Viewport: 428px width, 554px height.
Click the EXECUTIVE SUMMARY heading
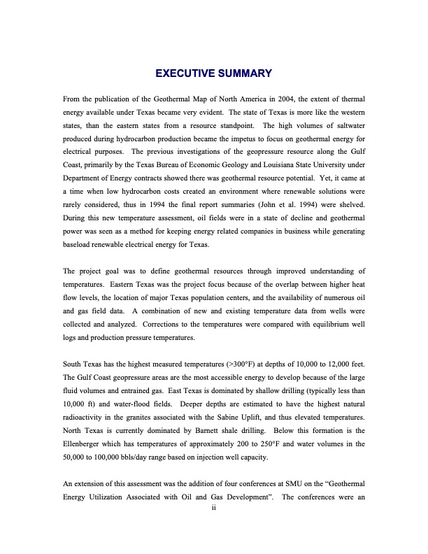(x=213, y=73)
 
